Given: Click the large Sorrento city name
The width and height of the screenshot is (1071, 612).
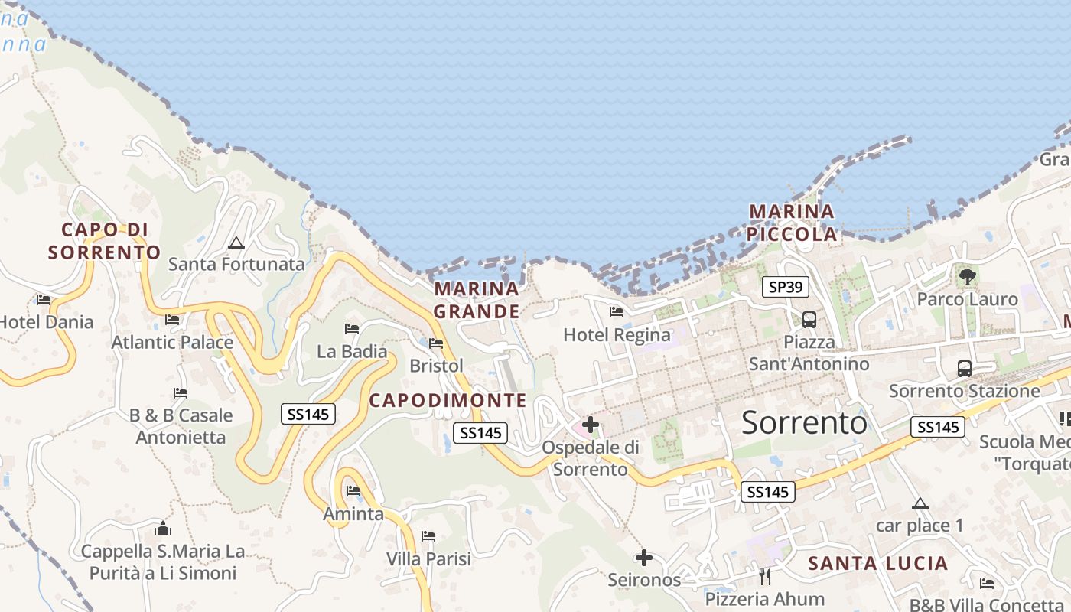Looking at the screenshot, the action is (x=804, y=422).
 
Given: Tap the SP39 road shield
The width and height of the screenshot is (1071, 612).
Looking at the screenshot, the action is (x=786, y=287).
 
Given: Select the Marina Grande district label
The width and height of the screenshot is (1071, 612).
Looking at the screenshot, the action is (x=477, y=300).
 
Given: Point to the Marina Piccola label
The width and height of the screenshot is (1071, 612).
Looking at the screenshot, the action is (x=792, y=223).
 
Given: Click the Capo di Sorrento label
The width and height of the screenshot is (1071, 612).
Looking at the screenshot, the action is (x=105, y=241).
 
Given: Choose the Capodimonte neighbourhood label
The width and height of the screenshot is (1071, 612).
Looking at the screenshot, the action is (x=448, y=400).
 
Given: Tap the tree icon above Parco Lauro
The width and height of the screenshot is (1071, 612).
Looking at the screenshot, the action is (x=967, y=276).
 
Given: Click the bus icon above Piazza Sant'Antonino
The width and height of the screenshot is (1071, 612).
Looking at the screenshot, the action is (x=809, y=320).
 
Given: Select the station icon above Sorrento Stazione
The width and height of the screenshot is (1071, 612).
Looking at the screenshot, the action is (x=964, y=369).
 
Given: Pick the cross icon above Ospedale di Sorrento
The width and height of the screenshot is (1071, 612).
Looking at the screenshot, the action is (x=590, y=424).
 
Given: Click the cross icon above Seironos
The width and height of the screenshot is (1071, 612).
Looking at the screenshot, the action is (x=644, y=558).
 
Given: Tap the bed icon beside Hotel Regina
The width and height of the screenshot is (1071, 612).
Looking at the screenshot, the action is (x=616, y=312).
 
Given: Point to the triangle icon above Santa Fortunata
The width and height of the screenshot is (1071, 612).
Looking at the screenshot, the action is (x=236, y=243).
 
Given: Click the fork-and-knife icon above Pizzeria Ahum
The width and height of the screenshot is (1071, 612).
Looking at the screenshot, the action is (x=764, y=576).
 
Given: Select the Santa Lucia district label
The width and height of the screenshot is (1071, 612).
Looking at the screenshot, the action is (x=878, y=564).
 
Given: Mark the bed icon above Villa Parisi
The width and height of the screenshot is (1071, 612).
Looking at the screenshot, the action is (x=428, y=536).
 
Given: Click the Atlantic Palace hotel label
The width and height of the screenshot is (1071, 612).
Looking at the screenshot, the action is (x=173, y=342).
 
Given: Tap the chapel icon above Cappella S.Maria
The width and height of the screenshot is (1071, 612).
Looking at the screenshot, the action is (x=162, y=529).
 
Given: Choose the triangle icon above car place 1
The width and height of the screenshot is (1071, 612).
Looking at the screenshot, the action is (x=920, y=503).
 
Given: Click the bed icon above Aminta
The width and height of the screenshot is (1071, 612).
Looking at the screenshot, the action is (x=353, y=490).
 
